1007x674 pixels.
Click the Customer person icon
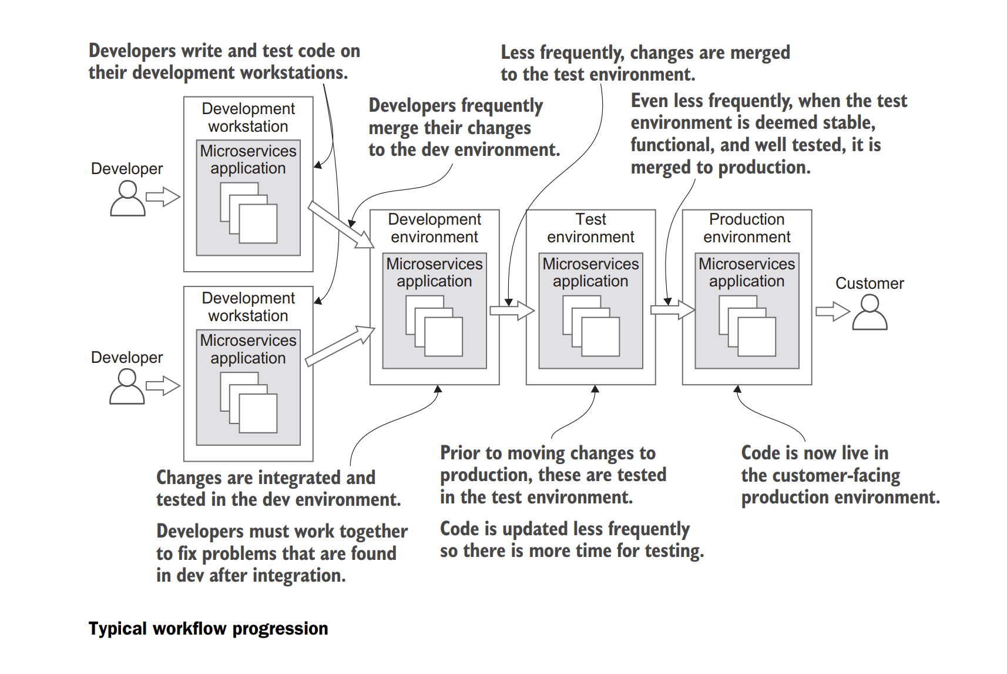pyautogui.click(x=870, y=313)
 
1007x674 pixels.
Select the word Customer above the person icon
pyautogui.click(x=870, y=283)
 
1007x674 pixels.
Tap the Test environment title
pyautogui.click(x=590, y=228)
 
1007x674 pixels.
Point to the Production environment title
pyautogui.click(x=747, y=228)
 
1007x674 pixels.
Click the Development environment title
pyautogui.click(x=434, y=228)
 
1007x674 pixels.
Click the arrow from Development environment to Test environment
pyautogui.click(x=512, y=311)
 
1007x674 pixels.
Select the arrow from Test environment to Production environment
pyautogui.click(x=672, y=310)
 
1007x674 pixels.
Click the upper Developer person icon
pyautogui.click(x=127, y=199)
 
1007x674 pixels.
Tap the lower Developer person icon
pyautogui.click(x=127, y=387)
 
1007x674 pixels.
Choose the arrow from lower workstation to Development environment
pyautogui.click(x=340, y=346)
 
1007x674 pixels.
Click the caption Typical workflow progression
pyautogui.click(x=208, y=629)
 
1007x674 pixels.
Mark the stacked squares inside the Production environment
pyautogui.click(x=747, y=326)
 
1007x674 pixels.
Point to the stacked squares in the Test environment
pyautogui.click(x=591, y=326)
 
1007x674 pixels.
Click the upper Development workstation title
pyautogui.click(x=248, y=118)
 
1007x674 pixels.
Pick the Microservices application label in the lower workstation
pyautogui.click(x=248, y=349)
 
